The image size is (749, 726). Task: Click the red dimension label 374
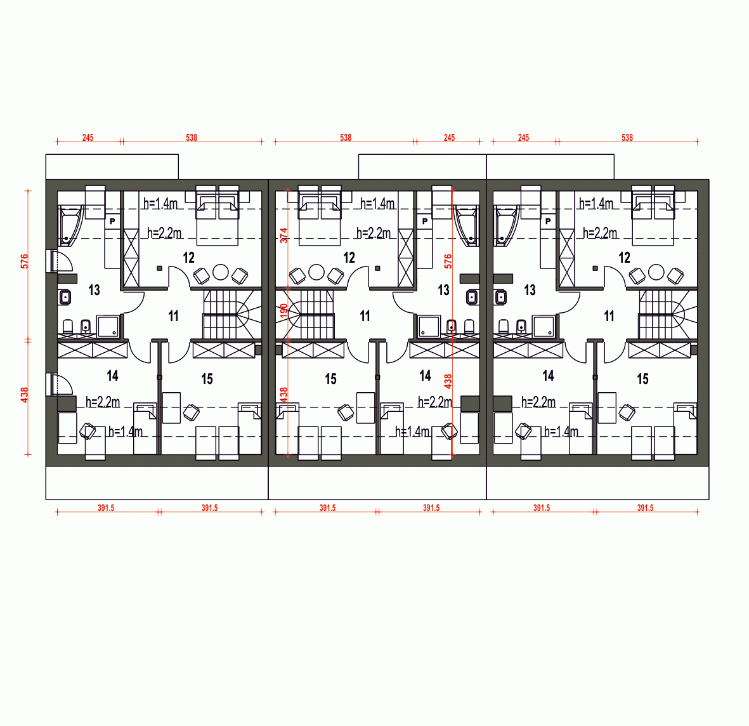[x=283, y=235]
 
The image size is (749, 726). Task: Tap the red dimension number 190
[x=283, y=311]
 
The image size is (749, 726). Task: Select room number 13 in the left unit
[x=94, y=289]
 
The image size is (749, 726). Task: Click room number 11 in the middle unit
[x=365, y=316]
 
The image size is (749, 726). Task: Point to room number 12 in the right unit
[x=624, y=258]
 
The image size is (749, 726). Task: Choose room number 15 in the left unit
[x=207, y=379]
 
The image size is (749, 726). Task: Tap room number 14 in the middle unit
[x=425, y=376]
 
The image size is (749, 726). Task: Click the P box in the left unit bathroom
[x=112, y=221]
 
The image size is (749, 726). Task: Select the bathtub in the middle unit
[x=467, y=226]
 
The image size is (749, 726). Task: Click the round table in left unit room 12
[x=220, y=272]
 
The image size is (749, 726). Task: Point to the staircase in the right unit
[x=667, y=315]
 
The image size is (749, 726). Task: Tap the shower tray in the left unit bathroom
[x=108, y=326]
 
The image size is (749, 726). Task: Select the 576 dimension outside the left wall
[x=24, y=261]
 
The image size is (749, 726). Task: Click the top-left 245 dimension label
[x=88, y=138]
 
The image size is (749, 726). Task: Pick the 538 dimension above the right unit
[x=627, y=138]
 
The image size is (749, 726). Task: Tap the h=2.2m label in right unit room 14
[x=538, y=402]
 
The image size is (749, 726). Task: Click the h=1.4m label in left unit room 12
[x=160, y=204]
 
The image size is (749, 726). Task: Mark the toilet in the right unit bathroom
[x=504, y=326]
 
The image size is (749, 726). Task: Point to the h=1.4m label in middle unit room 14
[x=412, y=432]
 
